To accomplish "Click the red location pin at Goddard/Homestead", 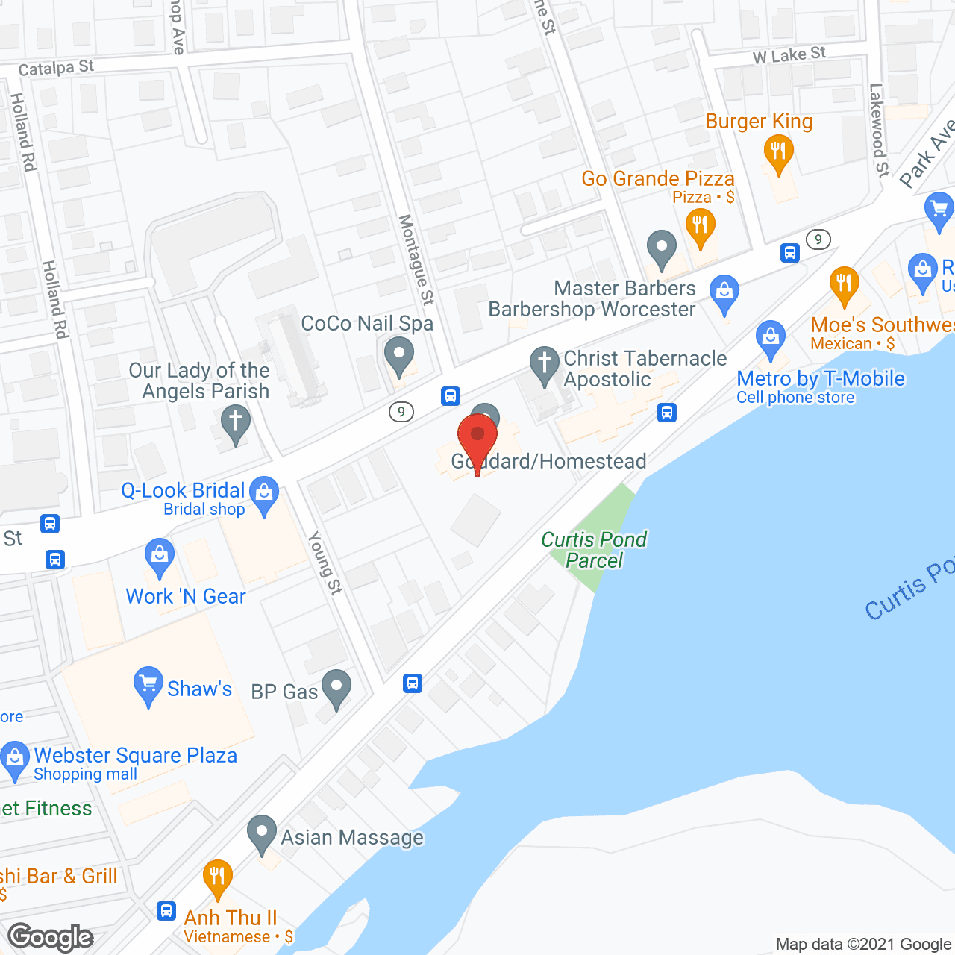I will tap(477, 436).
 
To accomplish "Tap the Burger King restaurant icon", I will tap(778, 151).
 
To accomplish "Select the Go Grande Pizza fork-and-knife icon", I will tap(700, 224).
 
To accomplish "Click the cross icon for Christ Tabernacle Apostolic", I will tap(545, 363).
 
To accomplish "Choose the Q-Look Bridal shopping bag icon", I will tap(263, 492).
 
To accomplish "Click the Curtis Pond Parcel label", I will tap(594, 550).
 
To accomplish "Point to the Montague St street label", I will tap(416, 260).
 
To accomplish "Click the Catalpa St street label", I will tap(56, 68).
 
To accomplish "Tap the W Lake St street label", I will tap(789, 55).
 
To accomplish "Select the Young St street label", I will tap(325, 563).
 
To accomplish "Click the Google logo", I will tap(51, 937).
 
